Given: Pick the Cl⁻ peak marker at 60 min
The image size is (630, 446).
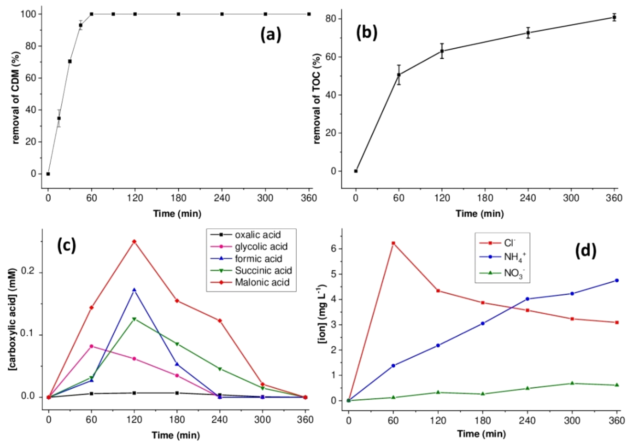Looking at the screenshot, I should point(393,243).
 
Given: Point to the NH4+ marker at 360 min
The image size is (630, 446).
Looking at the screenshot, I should point(617,280).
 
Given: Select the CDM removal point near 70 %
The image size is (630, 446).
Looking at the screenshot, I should point(70,61).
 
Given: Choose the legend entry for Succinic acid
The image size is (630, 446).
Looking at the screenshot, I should point(263,270).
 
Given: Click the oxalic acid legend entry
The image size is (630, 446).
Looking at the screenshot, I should point(258,235).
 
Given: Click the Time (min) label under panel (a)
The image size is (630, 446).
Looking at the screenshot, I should point(177,214).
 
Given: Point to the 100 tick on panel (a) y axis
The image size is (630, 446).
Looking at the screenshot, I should point(28,14).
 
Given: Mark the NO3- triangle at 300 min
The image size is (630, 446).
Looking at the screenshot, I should point(572,383).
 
